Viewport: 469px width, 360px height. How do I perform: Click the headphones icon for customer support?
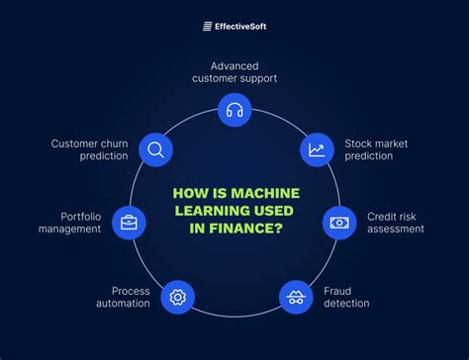pyautogui.click(x=234, y=110)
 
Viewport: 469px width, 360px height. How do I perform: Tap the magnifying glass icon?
pyautogui.click(x=154, y=149)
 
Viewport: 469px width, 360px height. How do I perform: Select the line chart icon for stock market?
pyautogui.click(x=317, y=150)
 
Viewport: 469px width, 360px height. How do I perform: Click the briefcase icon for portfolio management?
pyautogui.click(x=128, y=222)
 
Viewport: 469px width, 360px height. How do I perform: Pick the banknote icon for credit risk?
pyautogui.click(x=340, y=222)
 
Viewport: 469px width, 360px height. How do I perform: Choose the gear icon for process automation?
pyautogui.click(x=178, y=296)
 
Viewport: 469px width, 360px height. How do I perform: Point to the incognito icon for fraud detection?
pyautogui.click(x=295, y=296)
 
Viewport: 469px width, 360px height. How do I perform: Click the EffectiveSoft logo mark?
pyautogui.click(x=209, y=27)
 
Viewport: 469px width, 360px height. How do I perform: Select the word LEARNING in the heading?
pyautogui.click(x=210, y=213)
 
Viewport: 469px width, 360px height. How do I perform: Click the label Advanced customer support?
pyautogui.click(x=234, y=70)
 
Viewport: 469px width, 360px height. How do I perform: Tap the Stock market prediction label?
pyautogui.click(x=376, y=149)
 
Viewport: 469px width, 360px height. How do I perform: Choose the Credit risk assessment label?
pyautogui.click(x=395, y=222)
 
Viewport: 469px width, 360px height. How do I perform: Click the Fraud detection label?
pyautogui.click(x=346, y=297)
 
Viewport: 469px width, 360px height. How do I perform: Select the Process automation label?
pyautogui.click(x=124, y=297)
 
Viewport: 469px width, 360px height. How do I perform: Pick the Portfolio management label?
pyautogui.click(x=69, y=222)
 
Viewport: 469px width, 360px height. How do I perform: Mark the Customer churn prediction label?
pyautogui.click(x=90, y=149)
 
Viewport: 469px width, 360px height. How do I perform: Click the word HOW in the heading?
pyautogui.click(x=189, y=195)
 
